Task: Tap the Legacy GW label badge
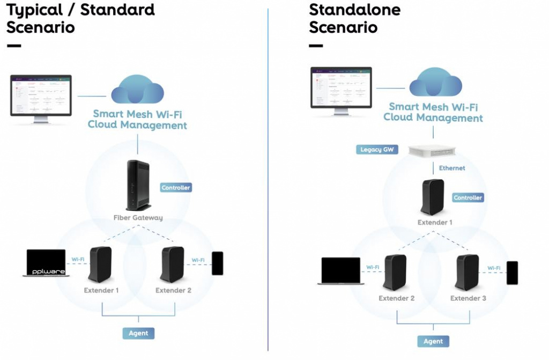[x=377, y=150]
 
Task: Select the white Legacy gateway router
[x=433, y=151]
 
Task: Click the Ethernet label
[x=452, y=168]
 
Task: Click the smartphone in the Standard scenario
[x=217, y=263]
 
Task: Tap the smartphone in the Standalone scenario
[x=512, y=273]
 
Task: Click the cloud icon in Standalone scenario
[x=435, y=83]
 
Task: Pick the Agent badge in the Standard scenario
[x=138, y=333]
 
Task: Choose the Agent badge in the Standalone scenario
[x=433, y=341]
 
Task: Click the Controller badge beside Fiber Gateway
[x=176, y=188]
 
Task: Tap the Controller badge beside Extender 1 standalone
[x=468, y=197]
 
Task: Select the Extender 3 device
[x=467, y=273]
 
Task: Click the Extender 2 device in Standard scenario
[x=172, y=265]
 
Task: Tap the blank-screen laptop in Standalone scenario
[x=340, y=271]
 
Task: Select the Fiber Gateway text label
[x=138, y=218]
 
